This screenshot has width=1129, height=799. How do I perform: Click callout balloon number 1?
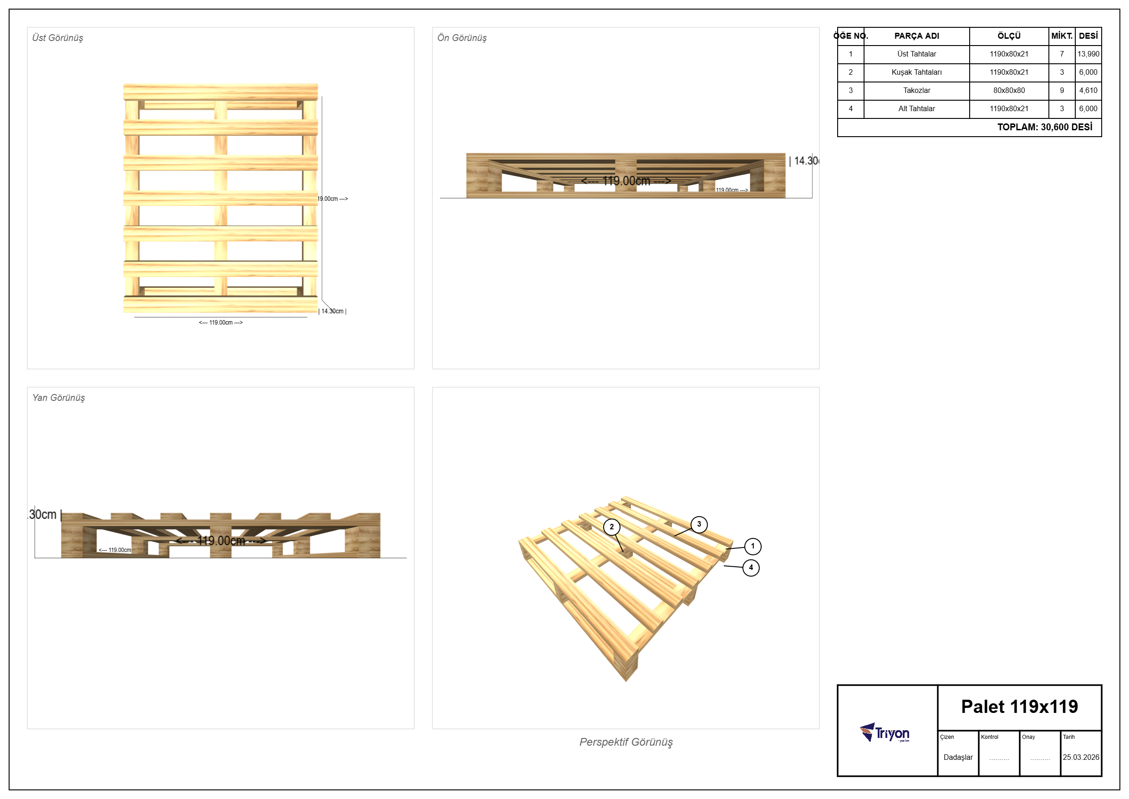coord(753,546)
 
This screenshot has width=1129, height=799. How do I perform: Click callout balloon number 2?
coord(612,527)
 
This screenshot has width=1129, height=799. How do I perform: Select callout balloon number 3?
coord(699,524)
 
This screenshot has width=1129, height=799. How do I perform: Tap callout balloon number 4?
coord(751,568)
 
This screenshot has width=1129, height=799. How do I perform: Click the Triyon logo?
coord(885,732)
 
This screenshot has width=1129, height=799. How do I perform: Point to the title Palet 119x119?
coord(1019,707)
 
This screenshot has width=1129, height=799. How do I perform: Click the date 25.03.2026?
coord(1081,757)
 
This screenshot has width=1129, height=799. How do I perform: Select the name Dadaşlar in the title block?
coord(958,757)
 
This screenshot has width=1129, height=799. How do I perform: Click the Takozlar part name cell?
coord(916,91)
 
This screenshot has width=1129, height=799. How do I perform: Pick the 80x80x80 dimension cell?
coord(1009,91)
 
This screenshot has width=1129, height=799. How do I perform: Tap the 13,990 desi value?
coord(1088,54)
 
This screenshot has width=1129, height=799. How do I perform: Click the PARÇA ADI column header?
coord(916,36)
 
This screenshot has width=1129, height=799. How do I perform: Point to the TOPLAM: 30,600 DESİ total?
coord(1044,127)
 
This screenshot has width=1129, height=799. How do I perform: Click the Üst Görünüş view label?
coord(57,38)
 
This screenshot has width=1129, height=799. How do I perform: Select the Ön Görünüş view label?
coord(462,38)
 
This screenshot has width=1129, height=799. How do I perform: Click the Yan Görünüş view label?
coord(59,398)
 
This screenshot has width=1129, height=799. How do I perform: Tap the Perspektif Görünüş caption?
coord(626,742)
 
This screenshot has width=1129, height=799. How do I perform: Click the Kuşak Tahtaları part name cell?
coord(916,72)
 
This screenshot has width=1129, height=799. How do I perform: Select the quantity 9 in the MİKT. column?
coord(1062,91)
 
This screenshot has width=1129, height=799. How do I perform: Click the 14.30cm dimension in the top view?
coord(333,311)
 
